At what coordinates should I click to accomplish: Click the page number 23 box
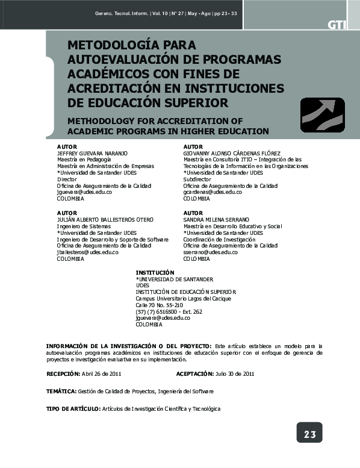pyautogui.click(x=309, y=434)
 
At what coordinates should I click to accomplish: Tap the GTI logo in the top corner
pyautogui.click(x=336, y=25)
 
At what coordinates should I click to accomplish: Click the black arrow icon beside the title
pyautogui.click(x=322, y=114)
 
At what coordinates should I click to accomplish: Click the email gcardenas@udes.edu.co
pyautogui.click(x=213, y=192)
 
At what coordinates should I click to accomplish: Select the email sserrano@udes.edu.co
pyautogui.click(x=213, y=252)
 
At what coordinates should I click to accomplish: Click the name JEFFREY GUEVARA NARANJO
pyautogui.click(x=92, y=154)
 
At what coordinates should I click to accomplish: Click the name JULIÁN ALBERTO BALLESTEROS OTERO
pyautogui.click(x=105, y=220)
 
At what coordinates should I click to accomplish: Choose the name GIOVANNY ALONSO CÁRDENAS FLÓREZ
pyautogui.click(x=232, y=154)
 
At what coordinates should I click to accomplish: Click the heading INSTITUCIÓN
pyautogui.click(x=155, y=273)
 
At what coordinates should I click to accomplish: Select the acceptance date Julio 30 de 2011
pyautogui.click(x=234, y=374)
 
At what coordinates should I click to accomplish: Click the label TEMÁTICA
pyautogui.click(x=61, y=392)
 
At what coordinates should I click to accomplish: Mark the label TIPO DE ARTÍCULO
pyautogui.click(x=73, y=409)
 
